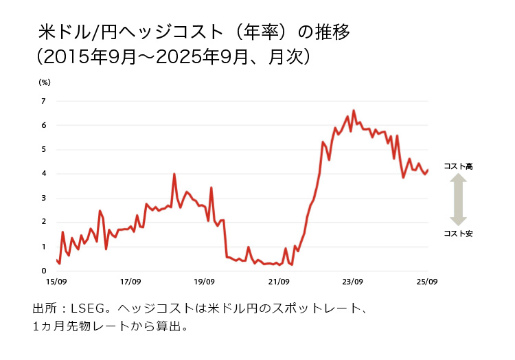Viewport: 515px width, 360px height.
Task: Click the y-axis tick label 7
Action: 43,101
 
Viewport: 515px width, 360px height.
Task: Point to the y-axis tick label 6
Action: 43,125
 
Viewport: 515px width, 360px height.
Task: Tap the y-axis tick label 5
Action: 43,149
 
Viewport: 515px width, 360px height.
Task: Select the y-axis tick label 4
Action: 43,174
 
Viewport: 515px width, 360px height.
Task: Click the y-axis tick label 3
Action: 43,198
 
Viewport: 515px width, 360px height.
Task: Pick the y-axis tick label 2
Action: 43,222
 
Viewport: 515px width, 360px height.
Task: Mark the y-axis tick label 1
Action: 43,247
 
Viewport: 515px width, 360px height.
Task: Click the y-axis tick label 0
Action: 43,271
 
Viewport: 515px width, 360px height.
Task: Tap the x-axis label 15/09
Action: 56,282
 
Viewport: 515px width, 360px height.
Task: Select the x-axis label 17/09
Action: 130,282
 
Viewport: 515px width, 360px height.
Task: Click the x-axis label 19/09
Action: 205,282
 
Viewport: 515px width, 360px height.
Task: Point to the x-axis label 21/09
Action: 279,282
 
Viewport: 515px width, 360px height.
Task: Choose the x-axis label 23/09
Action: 353,282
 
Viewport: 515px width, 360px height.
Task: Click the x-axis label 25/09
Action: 427,282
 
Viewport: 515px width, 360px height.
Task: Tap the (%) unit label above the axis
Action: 45,82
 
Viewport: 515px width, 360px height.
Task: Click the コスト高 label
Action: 458,166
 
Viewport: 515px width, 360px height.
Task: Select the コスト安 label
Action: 458,234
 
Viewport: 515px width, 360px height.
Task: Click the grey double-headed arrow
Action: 458,200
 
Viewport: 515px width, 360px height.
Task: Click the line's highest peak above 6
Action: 354,111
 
